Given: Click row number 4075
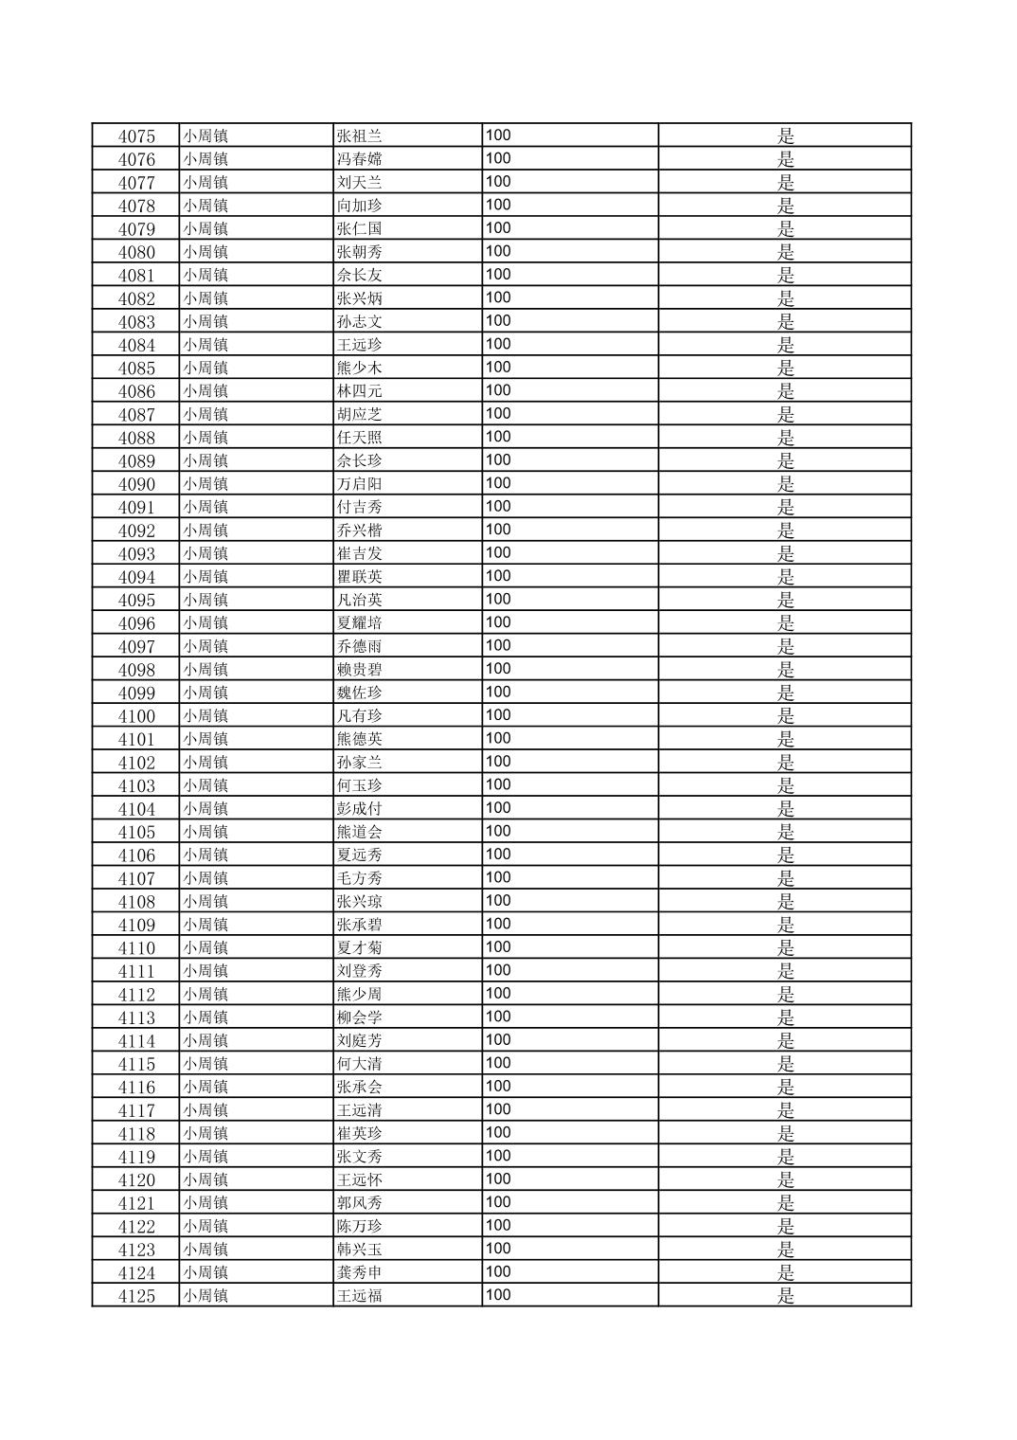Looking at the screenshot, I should pyautogui.click(x=136, y=135).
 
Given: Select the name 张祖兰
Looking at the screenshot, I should pyautogui.click(x=360, y=135).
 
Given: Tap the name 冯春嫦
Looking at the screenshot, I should pyautogui.click(x=360, y=159).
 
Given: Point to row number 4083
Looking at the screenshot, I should pyautogui.click(x=136, y=321).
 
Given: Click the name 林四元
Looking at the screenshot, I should pyautogui.click(x=360, y=391).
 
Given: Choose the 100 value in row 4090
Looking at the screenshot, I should pyautogui.click(x=498, y=483).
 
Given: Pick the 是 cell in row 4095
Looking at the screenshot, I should pyautogui.click(x=785, y=600).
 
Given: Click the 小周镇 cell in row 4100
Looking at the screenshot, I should pyautogui.click(x=205, y=715).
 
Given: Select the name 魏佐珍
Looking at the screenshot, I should pyautogui.click(x=360, y=693).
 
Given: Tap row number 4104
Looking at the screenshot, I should pyautogui.click(x=136, y=808).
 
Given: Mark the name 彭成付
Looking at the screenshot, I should pyautogui.click(x=360, y=808).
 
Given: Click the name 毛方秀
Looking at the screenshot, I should pyautogui.click(x=360, y=878).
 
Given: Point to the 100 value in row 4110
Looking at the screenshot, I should pyautogui.click(x=498, y=947).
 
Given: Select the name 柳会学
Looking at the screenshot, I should pyautogui.click(x=360, y=1017).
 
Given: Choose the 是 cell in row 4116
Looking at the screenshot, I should pyautogui.click(x=785, y=1087).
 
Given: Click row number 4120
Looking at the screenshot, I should pyautogui.click(x=136, y=1179).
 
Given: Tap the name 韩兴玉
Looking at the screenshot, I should pyautogui.click(x=360, y=1250).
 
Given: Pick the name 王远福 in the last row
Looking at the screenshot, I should pyautogui.click(x=360, y=1296).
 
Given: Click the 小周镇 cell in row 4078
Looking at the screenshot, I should pyautogui.click(x=205, y=206).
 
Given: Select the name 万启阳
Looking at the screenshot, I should pyautogui.click(x=360, y=484).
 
